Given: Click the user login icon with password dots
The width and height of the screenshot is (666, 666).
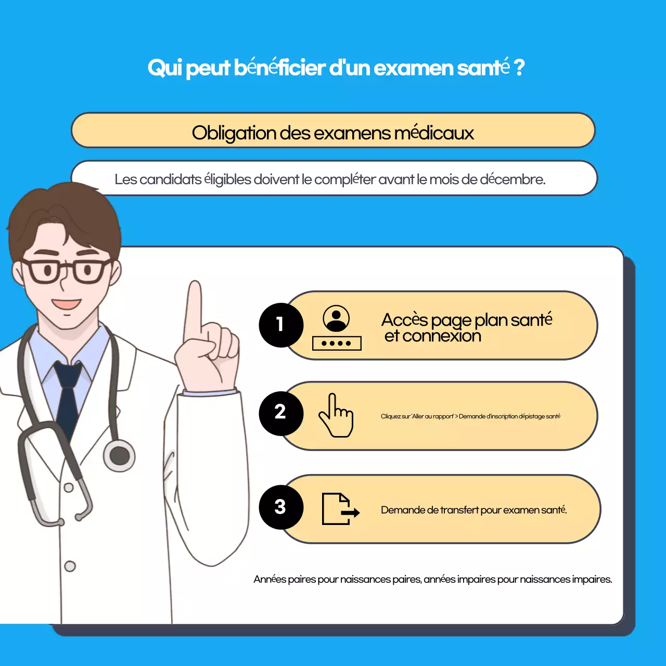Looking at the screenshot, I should tap(337, 328).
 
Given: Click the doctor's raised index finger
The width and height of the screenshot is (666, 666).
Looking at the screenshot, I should tap(195, 307).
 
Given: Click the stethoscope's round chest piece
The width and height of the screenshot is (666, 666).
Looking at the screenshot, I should tap(120, 456).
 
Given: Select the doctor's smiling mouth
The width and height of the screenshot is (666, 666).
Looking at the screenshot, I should tap(66, 304).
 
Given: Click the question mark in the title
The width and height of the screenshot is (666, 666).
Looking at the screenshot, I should tap(519, 68).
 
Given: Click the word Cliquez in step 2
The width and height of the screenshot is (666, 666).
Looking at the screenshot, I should tap(390, 416).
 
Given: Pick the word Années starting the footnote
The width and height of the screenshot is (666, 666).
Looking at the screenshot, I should tap(270, 579).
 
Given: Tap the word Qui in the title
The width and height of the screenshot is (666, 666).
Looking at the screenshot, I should tap(163, 68).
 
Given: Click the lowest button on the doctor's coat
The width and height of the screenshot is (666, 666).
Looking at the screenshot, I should tap(70, 566).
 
